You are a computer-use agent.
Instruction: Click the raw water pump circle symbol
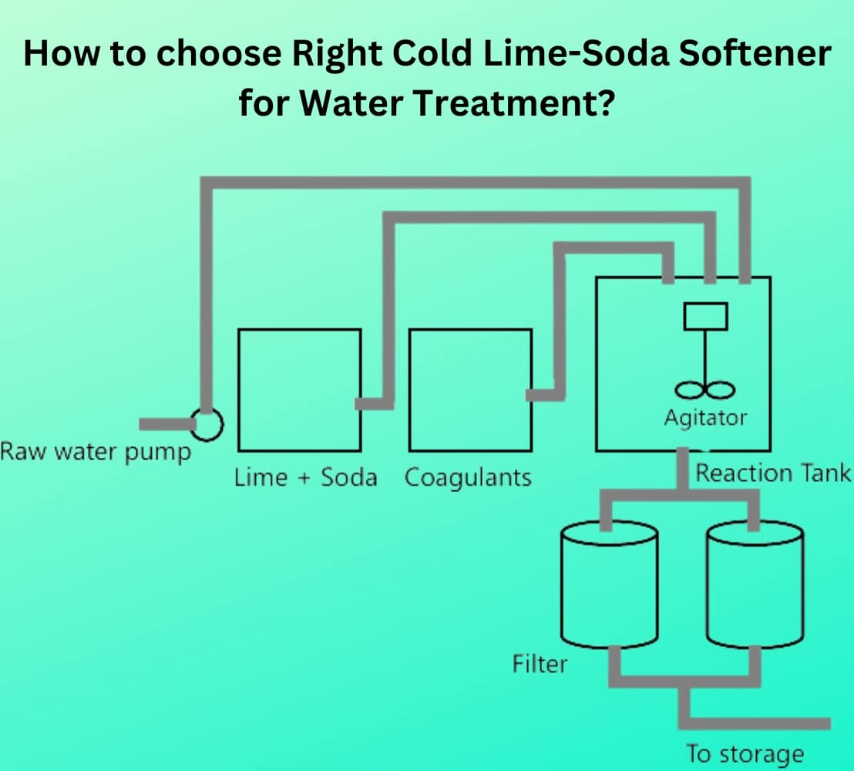point(207,423)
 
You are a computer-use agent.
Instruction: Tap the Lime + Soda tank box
point(299,389)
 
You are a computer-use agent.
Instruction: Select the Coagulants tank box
point(470,389)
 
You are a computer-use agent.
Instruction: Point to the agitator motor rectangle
point(704,316)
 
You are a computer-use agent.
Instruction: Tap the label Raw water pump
point(96,452)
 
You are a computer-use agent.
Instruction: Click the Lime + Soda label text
point(306,477)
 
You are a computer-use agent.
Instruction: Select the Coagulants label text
point(469,477)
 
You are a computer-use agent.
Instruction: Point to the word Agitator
point(705,418)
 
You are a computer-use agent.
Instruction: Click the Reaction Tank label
point(773,473)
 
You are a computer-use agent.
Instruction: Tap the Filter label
point(540,663)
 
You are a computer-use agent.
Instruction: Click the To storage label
point(744,753)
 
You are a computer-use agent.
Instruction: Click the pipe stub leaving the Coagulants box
point(542,395)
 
